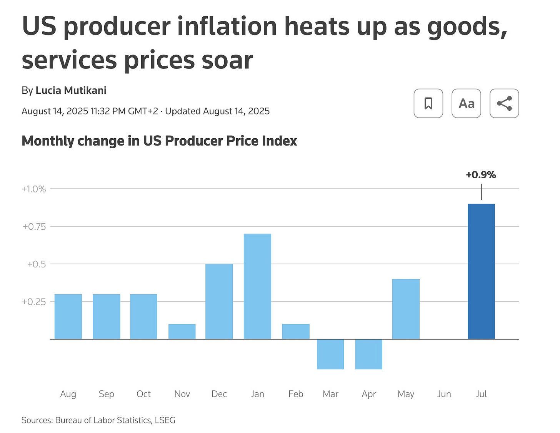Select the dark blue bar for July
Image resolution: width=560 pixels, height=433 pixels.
pos(481,271)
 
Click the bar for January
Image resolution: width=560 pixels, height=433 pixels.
pos(257,286)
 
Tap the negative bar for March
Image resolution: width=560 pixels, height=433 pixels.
pos(330,354)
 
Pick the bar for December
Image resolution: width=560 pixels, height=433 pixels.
pos(219,301)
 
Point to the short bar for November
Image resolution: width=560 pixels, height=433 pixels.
pos(182,331)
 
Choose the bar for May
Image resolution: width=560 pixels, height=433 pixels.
pos(406,309)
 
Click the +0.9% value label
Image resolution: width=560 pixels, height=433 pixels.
pos(481,175)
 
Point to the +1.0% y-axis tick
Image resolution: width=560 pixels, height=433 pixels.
pos(34,189)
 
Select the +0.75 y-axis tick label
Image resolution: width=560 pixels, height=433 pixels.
pos(34,227)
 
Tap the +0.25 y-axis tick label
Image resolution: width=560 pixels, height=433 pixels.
pos(34,302)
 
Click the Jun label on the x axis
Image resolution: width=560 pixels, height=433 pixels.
pos(444,394)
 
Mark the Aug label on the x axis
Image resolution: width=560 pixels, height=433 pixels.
pos(68,394)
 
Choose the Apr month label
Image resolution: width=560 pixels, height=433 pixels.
pos(368,394)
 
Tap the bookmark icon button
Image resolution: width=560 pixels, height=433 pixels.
pos(428,103)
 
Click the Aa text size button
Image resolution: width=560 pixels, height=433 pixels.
pos(466,103)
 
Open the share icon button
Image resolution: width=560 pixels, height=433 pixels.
pos(504,103)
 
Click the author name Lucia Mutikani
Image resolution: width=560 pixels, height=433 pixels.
pos(71,91)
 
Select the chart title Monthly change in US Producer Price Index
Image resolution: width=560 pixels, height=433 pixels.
pos(159,141)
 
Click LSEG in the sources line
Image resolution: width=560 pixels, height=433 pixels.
pos(165,420)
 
